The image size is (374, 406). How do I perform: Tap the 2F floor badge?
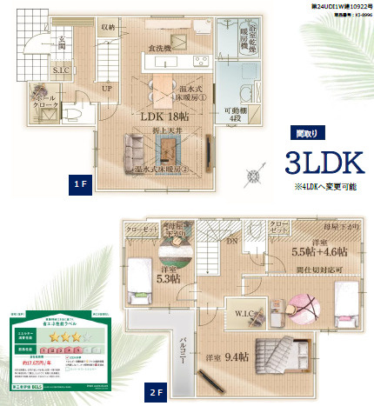tap(156, 392)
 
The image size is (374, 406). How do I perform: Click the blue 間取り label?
tap(305, 133)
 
